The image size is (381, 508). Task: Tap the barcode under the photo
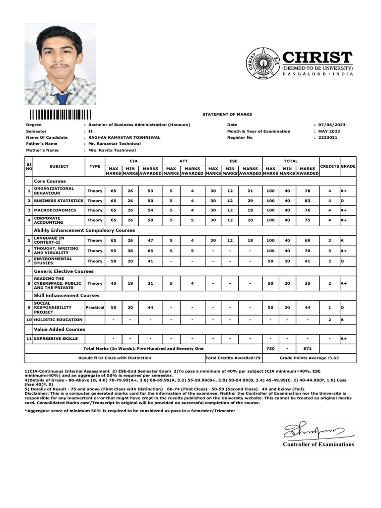pos(60,114)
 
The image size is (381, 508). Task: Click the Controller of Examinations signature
pos(313,430)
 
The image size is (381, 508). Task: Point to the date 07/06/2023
pos(332,125)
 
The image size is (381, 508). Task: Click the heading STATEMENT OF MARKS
pos(227,114)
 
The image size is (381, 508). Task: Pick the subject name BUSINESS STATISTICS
pos(59,201)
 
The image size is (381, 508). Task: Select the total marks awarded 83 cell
pos(308,201)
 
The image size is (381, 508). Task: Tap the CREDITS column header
pos(329,166)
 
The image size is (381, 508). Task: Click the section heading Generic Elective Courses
pos(63,271)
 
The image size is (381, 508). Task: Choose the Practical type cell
pos(95,308)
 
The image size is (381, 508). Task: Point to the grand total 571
pos(308,349)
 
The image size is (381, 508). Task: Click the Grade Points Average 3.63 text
pos(310,358)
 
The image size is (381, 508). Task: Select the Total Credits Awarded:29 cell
pos(233,358)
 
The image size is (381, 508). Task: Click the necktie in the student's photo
pos(62,98)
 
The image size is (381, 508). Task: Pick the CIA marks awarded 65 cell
pos(150,251)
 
